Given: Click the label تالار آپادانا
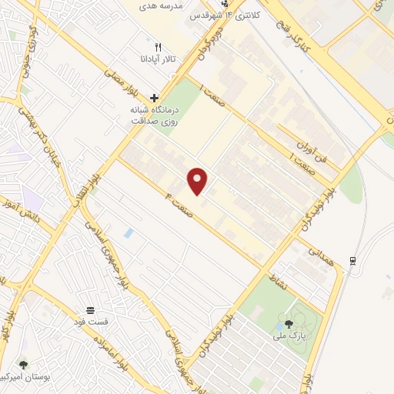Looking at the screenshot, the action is point(157,59).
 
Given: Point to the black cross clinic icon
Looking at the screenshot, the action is point(155,98).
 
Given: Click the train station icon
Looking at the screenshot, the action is point(352,259).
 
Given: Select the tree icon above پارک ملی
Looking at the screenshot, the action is point(289,324).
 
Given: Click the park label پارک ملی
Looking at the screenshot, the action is point(289,336).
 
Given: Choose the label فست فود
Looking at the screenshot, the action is point(91,320).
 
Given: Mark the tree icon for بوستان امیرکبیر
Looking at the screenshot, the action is point(23,364).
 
